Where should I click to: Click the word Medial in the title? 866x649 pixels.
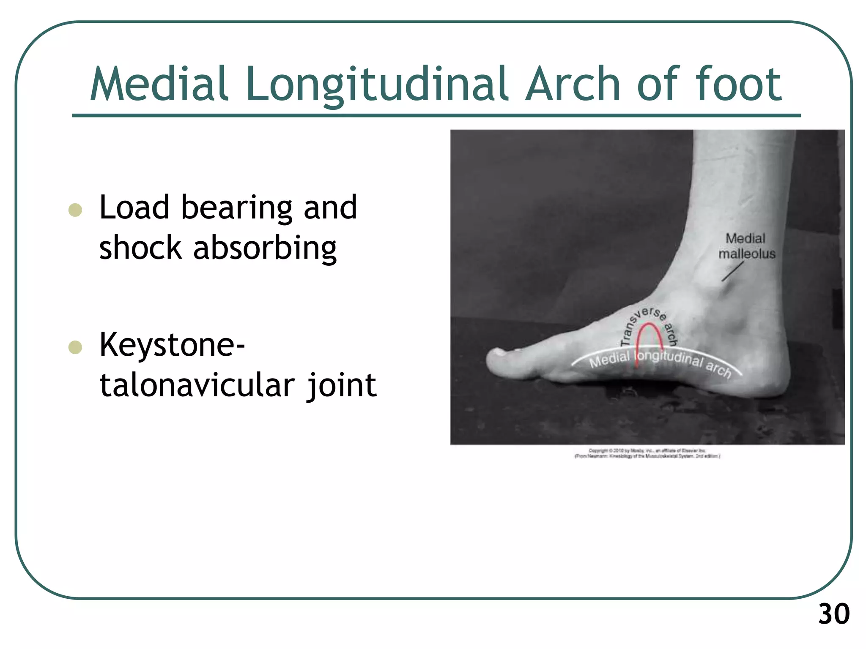(159, 85)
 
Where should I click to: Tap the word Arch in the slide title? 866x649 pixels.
(573, 85)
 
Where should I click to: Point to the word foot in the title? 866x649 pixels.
(738, 85)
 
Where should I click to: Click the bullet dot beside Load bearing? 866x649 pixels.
(75, 210)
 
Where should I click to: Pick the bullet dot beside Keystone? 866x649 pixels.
(75, 347)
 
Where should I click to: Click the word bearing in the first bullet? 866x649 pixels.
(236, 208)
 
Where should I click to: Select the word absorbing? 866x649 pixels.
(265, 248)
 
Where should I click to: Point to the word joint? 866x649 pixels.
(342, 385)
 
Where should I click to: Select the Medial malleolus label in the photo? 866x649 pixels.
(746, 246)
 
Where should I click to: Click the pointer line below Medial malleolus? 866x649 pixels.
(732, 271)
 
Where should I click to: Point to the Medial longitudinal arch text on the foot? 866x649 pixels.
(660, 361)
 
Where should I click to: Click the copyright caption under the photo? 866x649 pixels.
(647, 453)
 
